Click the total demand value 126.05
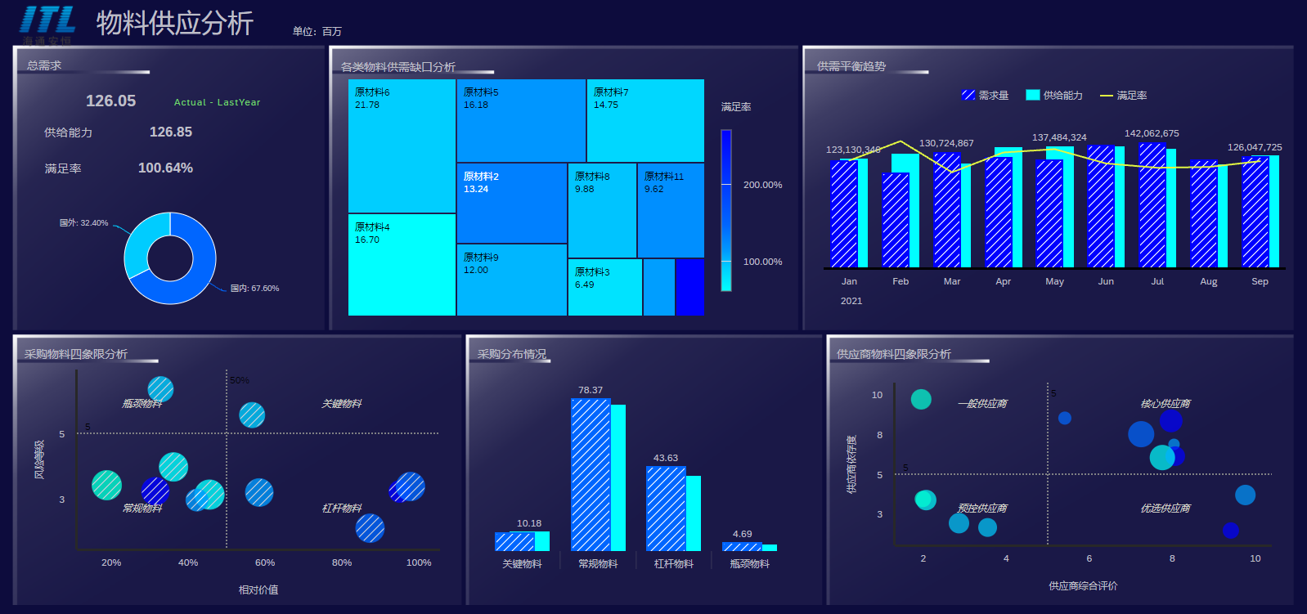[111, 101]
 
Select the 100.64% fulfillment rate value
[165, 168]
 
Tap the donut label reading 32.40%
[84, 222]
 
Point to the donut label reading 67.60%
[254, 289]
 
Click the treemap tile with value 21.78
[402, 146]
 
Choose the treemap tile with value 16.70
[402, 264]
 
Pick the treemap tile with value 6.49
[604, 287]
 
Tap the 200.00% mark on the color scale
[762, 185]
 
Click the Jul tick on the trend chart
[1157, 281]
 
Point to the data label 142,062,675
[1152, 133]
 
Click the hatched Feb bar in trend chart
[896, 220]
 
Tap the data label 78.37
[591, 390]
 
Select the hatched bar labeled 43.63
[666, 508]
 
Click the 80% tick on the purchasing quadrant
[342, 562]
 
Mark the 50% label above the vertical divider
[240, 380]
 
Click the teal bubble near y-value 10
[921, 399]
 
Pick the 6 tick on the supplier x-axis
[1089, 558]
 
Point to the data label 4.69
[743, 534]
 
